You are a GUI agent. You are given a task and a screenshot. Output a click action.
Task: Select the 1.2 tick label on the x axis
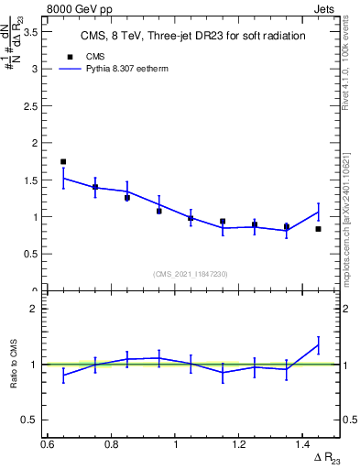[x=240, y=444]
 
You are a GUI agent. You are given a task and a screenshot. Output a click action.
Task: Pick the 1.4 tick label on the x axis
[x=304, y=444]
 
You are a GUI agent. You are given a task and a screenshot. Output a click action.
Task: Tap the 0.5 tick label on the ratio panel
[x=35, y=420]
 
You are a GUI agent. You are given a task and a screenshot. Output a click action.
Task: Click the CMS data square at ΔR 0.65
[x=63, y=161]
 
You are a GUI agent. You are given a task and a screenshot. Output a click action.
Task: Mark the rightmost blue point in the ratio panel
[x=318, y=345]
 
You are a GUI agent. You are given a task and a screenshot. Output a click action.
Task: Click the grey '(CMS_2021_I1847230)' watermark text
[x=191, y=274]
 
